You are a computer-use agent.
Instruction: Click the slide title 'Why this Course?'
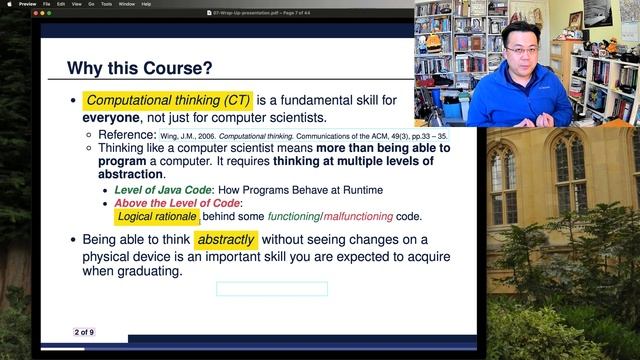(x=139, y=68)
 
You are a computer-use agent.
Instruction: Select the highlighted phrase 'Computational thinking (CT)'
(x=167, y=101)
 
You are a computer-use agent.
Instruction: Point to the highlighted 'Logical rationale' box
(x=157, y=216)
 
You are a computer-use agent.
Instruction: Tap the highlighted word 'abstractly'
(x=226, y=240)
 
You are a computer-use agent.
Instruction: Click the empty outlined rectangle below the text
(x=271, y=289)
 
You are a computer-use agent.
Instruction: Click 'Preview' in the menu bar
(x=27, y=4)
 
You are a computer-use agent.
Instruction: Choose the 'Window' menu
(x=126, y=4)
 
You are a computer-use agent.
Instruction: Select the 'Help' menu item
(x=146, y=4)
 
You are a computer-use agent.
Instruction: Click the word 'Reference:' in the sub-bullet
(x=127, y=134)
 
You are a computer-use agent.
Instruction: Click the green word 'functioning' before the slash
(x=293, y=216)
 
